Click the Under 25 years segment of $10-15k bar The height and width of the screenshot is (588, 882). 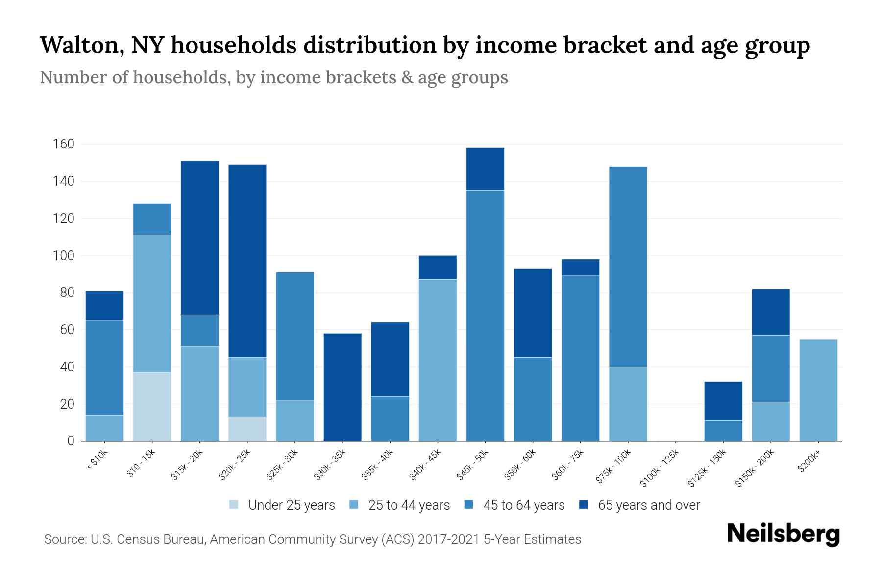tap(152, 406)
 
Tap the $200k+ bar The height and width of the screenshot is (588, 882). tap(818, 390)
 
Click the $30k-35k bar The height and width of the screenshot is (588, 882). tap(343, 387)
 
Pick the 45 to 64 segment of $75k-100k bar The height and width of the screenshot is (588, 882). tap(628, 267)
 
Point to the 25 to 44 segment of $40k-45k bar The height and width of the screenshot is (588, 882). tap(438, 360)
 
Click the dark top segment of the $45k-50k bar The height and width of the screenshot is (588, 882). tap(485, 169)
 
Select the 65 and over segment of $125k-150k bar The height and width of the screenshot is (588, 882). tap(723, 401)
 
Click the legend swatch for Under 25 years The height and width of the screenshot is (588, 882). tap(234, 505)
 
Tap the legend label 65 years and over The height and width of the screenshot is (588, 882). tap(649, 505)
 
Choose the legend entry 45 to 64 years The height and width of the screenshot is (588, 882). tap(524, 505)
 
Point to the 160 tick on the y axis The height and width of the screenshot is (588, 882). tap(64, 144)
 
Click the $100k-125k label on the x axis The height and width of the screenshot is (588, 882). tap(660, 467)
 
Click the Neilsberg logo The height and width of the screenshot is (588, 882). tap(783, 534)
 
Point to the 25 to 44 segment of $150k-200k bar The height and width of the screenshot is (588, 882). tap(771, 421)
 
